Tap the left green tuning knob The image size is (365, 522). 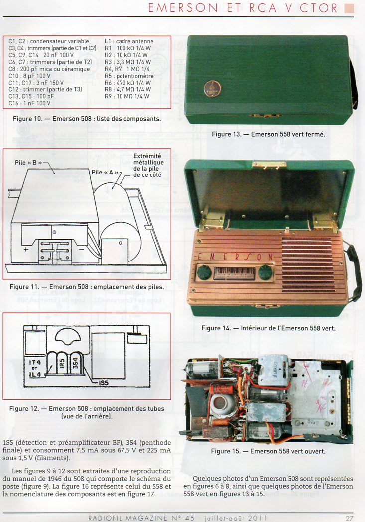[x=204, y=272]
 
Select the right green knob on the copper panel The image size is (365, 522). [x=266, y=272]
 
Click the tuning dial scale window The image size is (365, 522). [x=235, y=273]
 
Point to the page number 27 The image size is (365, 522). [x=349, y=518]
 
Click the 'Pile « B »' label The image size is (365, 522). [x=29, y=163]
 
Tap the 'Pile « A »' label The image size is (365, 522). [x=105, y=172]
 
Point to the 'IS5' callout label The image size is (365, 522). [x=104, y=383]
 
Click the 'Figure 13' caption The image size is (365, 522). [x=268, y=134]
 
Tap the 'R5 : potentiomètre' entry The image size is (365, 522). [x=129, y=76]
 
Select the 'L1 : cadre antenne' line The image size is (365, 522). [x=129, y=41]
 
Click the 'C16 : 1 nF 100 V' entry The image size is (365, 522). [x=29, y=103]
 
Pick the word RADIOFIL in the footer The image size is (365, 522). [x=108, y=518]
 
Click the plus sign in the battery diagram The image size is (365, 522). [x=26, y=249]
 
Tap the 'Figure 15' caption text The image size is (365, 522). [x=268, y=451]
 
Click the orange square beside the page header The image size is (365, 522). [x=349, y=8]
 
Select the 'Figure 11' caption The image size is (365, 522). [x=87, y=287]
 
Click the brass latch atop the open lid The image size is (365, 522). [x=269, y=164]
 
